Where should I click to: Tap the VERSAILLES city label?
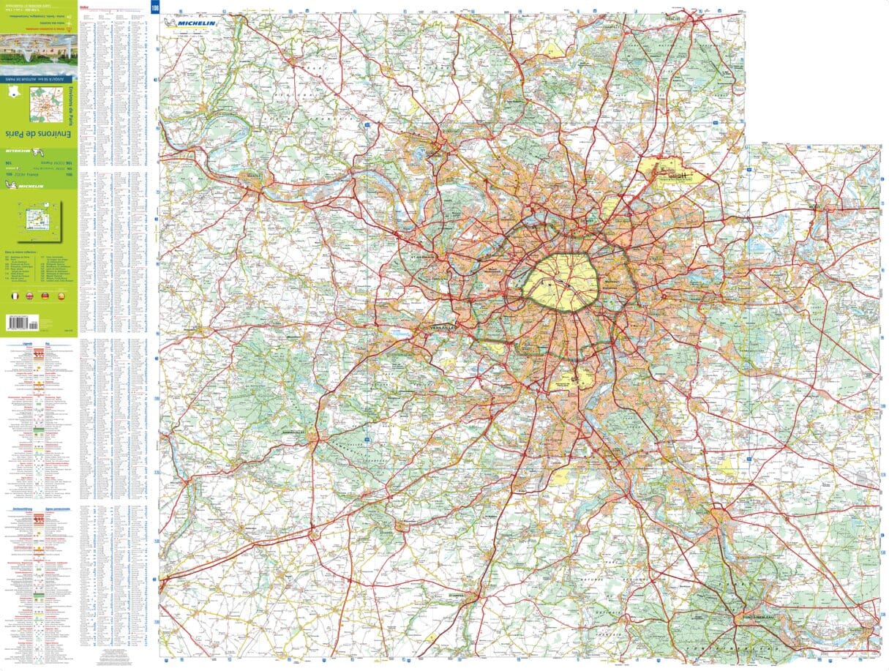tap(442, 329)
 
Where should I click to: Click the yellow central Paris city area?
tap(562, 282)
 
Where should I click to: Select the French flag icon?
tap(13, 296)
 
